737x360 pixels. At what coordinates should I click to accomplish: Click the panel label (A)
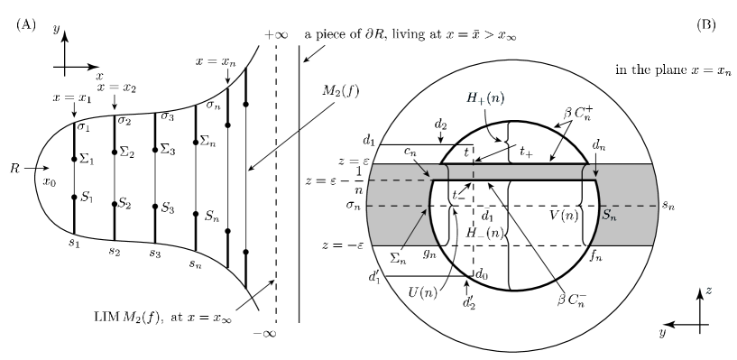pyautogui.click(x=26, y=25)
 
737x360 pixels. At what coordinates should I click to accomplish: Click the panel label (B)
pyautogui.click(x=706, y=25)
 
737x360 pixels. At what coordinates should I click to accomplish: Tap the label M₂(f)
pyautogui.click(x=341, y=91)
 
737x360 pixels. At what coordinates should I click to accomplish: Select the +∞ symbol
pyautogui.click(x=276, y=35)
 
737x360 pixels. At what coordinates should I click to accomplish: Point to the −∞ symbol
pyautogui.click(x=264, y=334)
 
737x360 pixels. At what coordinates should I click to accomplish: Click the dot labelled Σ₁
pyautogui.click(x=74, y=160)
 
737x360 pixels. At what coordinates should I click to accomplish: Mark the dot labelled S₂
pyautogui.click(x=115, y=204)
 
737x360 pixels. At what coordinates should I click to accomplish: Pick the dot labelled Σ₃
pyautogui.click(x=154, y=150)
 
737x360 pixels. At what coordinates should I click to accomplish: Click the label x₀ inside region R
pyautogui.click(x=50, y=182)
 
